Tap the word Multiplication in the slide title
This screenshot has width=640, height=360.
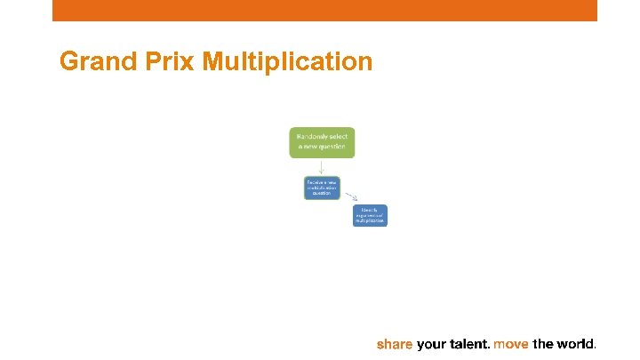pyautogui.click(x=288, y=61)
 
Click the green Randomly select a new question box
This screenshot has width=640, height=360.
pyautogui.click(x=322, y=143)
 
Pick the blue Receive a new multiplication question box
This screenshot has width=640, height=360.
pyautogui.click(x=322, y=188)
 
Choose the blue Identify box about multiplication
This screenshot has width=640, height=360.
pyautogui.click(x=370, y=215)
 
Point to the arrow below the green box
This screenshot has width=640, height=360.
pyautogui.click(x=322, y=166)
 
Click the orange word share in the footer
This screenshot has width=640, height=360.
pyautogui.click(x=395, y=344)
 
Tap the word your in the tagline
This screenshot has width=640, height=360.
pyautogui.click(x=433, y=344)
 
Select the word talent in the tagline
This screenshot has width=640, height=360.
pyautogui.click(x=469, y=344)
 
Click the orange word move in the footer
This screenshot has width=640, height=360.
pyautogui.click(x=511, y=344)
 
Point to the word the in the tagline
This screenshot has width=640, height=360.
pyautogui.click(x=542, y=344)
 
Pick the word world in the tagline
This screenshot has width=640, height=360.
pyautogui.click(x=574, y=344)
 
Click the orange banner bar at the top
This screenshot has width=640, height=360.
pyautogui.click(x=324, y=10)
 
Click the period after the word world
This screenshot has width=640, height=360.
pyautogui.click(x=596, y=348)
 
